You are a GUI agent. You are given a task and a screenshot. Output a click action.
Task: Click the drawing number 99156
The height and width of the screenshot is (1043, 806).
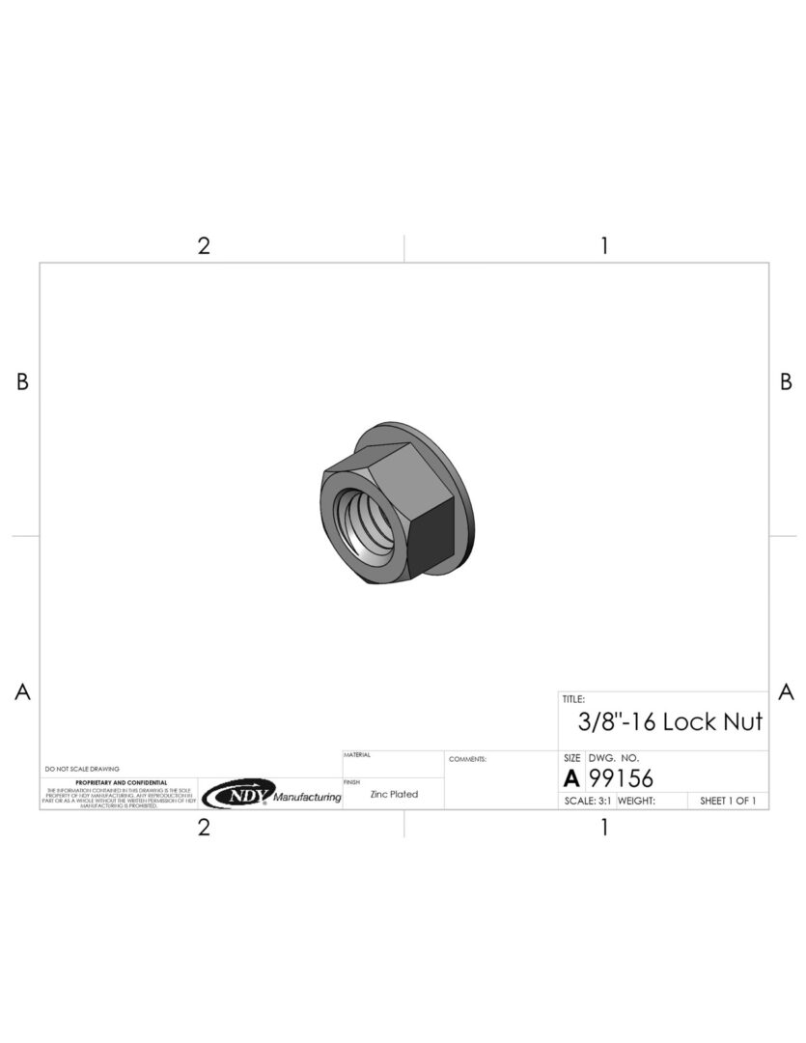[621, 778]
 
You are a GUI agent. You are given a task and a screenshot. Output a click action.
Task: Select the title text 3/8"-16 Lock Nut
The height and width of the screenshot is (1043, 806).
[670, 722]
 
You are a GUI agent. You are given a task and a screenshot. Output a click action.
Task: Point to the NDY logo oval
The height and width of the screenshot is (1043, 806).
[237, 794]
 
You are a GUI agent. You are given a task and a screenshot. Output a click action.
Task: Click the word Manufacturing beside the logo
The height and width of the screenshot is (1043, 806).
[307, 798]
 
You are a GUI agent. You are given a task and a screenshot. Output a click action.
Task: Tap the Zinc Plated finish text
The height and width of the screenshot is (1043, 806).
[394, 794]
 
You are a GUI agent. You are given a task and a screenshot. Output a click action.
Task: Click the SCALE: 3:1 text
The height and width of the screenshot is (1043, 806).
[587, 801]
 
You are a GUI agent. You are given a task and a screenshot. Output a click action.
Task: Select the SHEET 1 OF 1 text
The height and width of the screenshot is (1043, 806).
[727, 801]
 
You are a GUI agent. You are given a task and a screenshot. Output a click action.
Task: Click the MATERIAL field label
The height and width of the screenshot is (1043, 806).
[357, 754]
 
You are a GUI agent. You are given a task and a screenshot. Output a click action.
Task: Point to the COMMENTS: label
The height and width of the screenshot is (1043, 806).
[467, 759]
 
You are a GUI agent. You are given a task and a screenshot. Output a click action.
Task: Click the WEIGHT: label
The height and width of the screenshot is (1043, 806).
[636, 801]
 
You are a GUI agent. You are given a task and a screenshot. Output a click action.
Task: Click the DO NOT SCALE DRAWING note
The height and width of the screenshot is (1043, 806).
[82, 769]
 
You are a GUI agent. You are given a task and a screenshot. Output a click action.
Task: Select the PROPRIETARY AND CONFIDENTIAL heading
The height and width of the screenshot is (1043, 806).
[121, 782]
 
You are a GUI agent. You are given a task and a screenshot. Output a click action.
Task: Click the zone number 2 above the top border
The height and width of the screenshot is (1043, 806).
[204, 245]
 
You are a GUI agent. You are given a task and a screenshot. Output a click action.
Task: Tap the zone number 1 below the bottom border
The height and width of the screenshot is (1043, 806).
[604, 828]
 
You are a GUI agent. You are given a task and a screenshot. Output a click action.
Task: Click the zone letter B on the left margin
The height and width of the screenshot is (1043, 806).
[22, 382]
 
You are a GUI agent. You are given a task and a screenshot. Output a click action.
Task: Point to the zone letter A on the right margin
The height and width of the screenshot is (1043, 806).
[786, 691]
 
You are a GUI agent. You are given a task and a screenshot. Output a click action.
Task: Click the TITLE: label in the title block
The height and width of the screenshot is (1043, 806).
[573, 698]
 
